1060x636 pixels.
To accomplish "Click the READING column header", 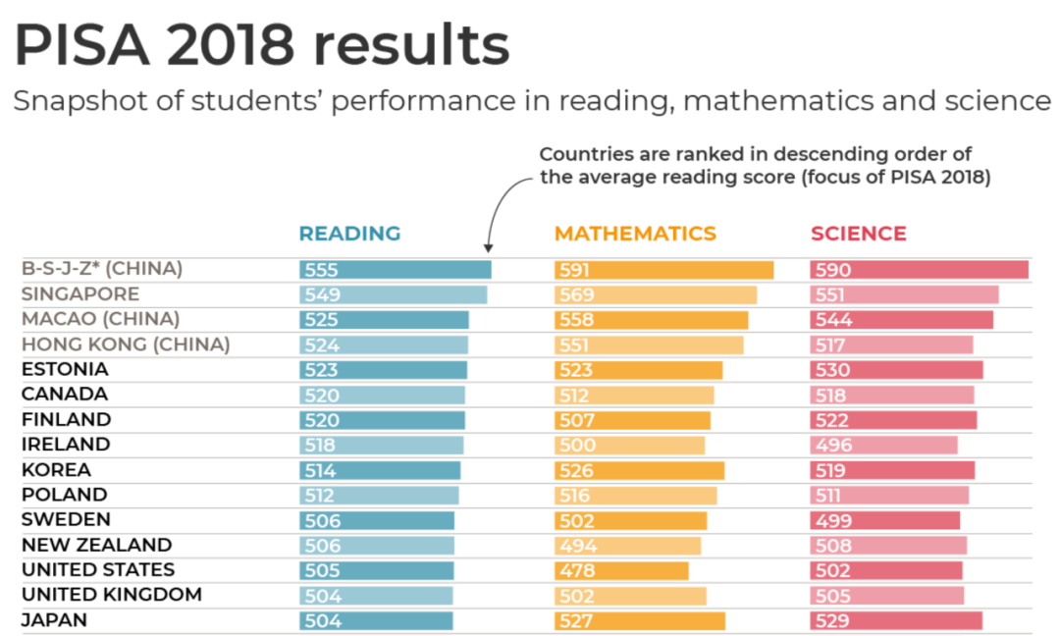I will click(x=349, y=234).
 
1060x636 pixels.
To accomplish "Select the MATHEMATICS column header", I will click(x=635, y=234).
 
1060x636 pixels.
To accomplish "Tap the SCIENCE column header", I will click(x=858, y=234).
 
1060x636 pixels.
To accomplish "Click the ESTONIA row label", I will click(x=65, y=370).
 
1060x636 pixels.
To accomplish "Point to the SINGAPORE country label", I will click(x=80, y=294).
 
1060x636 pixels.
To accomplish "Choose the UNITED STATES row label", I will click(x=98, y=570).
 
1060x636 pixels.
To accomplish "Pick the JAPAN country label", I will click(x=54, y=620).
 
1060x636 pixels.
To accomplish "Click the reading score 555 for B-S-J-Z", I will click(x=321, y=270).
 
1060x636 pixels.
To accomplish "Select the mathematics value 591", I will click(x=576, y=270).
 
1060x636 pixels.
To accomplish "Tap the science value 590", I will click(x=831, y=270).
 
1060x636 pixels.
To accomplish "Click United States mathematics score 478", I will click(x=576, y=570).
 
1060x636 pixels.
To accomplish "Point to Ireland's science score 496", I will click(x=831, y=445).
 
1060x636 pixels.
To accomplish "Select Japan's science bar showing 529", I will click(x=896, y=620).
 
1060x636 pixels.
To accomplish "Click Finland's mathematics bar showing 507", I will click(x=633, y=420).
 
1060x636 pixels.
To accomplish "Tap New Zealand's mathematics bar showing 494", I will click(x=628, y=546).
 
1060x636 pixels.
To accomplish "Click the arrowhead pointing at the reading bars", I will click(x=489, y=253).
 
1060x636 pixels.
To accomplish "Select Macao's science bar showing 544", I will click(x=902, y=320).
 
